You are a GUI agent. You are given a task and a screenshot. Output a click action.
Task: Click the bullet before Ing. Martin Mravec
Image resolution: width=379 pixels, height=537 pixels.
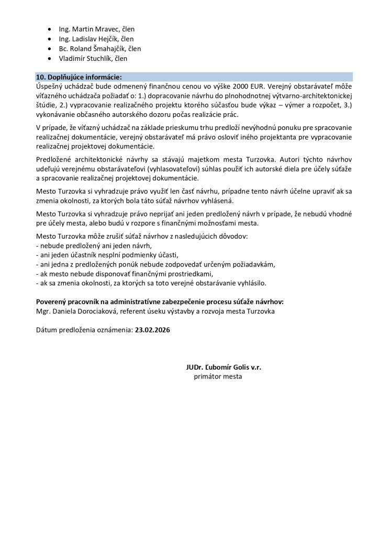[49, 29]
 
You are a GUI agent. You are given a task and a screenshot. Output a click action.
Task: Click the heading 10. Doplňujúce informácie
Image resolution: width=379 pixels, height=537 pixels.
[78, 76]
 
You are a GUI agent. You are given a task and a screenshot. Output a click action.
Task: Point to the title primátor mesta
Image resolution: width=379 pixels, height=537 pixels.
[218, 377]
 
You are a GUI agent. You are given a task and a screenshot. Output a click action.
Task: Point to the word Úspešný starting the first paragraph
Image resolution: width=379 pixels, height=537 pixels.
[50, 85]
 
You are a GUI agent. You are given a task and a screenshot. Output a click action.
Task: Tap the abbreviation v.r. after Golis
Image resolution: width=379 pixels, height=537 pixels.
[255, 367]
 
